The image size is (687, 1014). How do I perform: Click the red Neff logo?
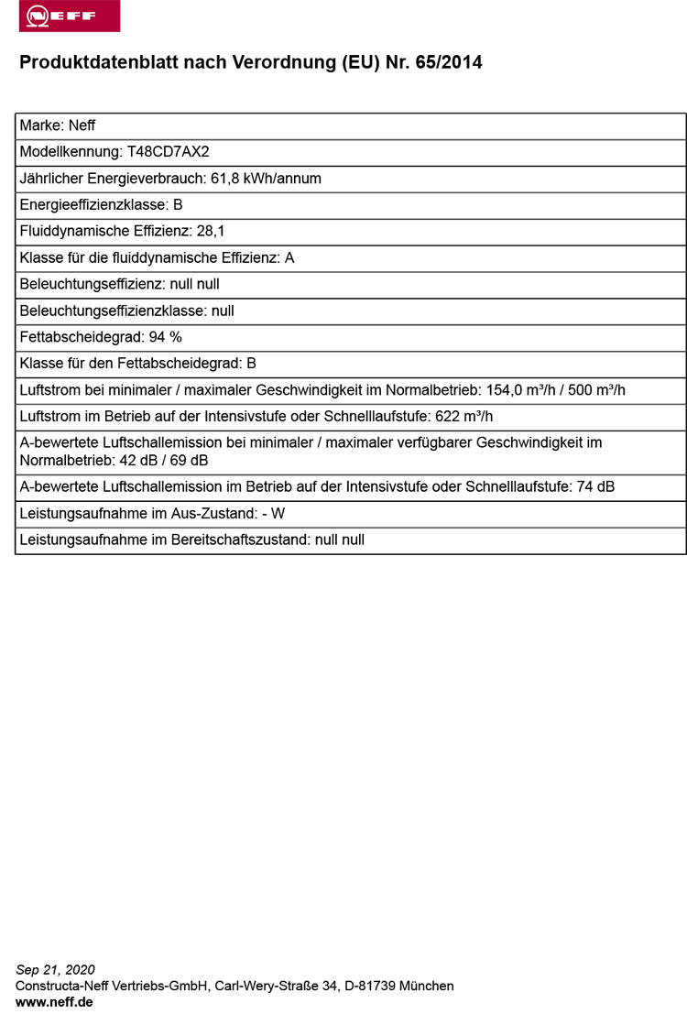(69, 16)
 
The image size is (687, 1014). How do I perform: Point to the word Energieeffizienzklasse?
(93, 205)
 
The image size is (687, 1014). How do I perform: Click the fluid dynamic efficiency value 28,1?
(211, 232)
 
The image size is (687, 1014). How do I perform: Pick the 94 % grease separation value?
(166, 337)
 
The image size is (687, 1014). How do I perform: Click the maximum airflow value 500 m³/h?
(594, 390)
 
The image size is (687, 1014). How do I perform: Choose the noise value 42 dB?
(138, 460)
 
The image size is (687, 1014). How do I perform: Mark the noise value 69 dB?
(190, 460)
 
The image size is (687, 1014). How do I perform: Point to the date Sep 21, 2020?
(55, 970)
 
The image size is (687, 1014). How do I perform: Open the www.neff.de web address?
(54, 1002)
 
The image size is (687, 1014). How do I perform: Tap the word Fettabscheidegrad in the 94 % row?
(78, 337)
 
